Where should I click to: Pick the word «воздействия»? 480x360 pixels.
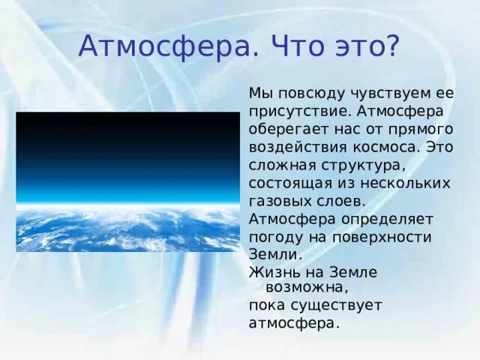click(293, 147)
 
